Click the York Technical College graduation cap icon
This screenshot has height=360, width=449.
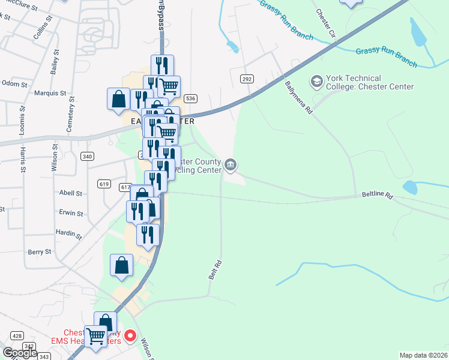click(316, 80)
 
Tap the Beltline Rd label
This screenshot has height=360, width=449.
click(376, 196)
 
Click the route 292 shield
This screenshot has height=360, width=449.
click(246, 79)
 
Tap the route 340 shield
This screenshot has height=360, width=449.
click(88, 157)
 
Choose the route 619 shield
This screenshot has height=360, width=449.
click(103, 184)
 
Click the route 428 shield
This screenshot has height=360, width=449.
click(17, 336)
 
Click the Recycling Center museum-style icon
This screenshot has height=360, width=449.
click(231, 164)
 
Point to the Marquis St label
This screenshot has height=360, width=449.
click(50, 93)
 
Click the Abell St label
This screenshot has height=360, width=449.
click(70, 193)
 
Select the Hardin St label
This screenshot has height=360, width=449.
click(68, 233)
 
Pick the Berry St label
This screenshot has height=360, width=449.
click(39, 253)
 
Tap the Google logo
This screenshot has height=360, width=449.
click(19, 353)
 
